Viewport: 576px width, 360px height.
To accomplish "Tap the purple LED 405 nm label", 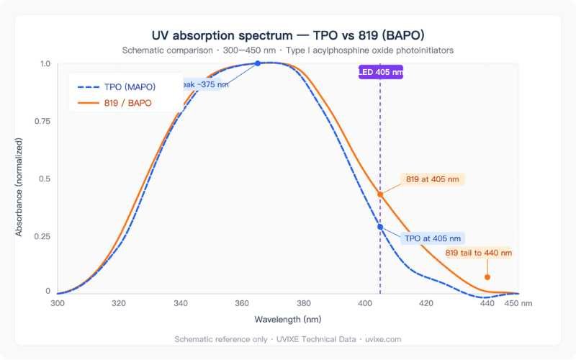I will coord(381,72).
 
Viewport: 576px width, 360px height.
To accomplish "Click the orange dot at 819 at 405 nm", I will coord(380,194).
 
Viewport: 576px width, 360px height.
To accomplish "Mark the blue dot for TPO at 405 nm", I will coord(380,227).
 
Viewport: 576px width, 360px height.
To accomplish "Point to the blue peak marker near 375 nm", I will coord(258,63).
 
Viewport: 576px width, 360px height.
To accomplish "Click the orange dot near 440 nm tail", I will coord(487,277).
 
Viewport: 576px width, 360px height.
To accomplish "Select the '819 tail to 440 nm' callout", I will coord(478,253).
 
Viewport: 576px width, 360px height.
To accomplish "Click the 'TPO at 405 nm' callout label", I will coord(433,238).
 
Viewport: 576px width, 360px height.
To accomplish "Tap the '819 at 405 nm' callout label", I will coord(432,179).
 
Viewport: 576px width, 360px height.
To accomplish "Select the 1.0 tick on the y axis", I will coord(45,64).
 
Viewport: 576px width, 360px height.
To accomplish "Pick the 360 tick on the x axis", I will coord(242,303).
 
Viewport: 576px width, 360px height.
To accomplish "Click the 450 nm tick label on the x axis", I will coord(518,303).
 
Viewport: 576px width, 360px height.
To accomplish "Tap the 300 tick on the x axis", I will coord(58,303).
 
